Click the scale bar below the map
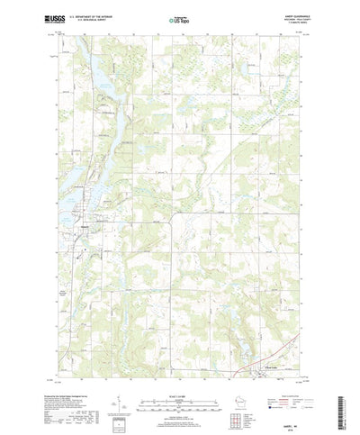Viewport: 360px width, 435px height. pos(179,394)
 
